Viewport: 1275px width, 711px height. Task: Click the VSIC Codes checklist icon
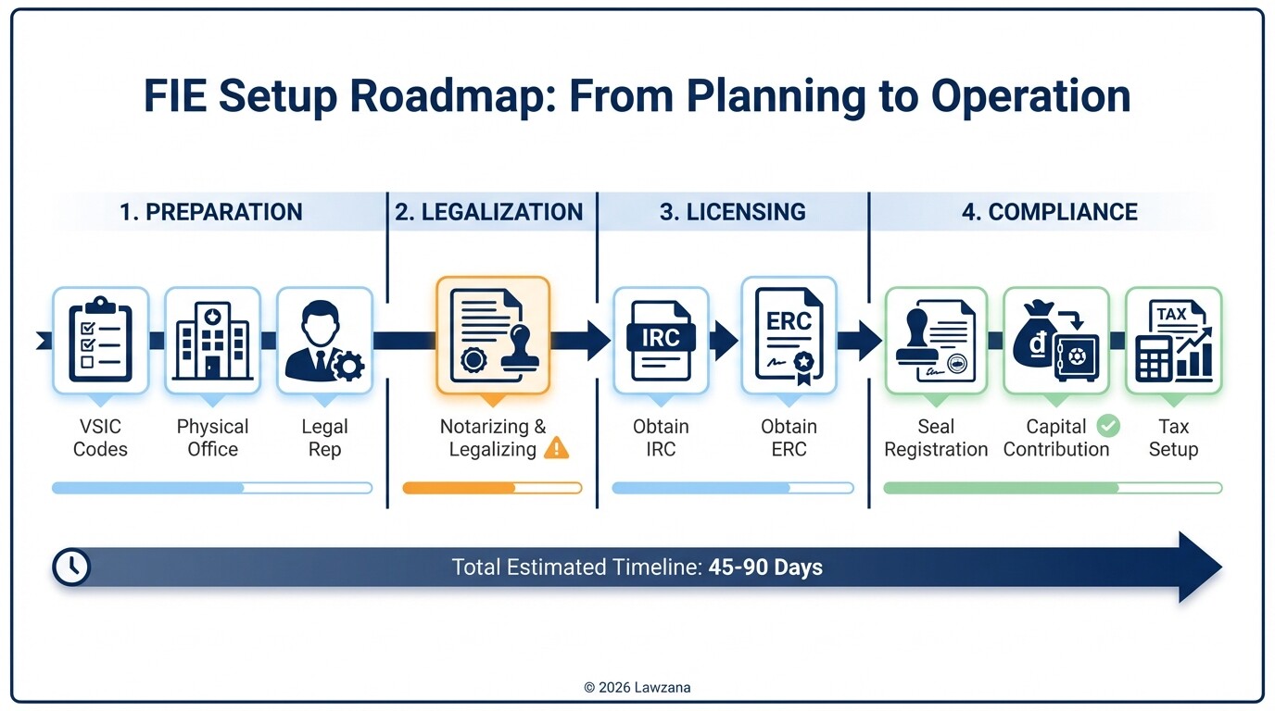[101, 340]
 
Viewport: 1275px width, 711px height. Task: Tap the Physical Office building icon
[213, 340]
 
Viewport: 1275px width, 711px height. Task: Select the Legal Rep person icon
[324, 340]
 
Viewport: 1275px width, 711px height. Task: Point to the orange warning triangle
[557, 449]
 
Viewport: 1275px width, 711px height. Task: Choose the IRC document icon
[661, 340]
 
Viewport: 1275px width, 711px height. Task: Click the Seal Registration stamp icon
[936, 340]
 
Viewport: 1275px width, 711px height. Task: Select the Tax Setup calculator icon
[1173, 340]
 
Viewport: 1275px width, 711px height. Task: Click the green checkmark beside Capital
[1107, 426]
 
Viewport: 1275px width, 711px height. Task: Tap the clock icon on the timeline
[71, 567]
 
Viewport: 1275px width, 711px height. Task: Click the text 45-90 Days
[765, 568]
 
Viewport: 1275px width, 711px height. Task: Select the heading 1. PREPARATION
[210, 212]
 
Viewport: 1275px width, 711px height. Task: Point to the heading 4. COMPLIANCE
[1049, 212]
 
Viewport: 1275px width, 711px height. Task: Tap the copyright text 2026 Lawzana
[637, 687]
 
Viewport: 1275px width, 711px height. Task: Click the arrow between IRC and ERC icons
[724, 340]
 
